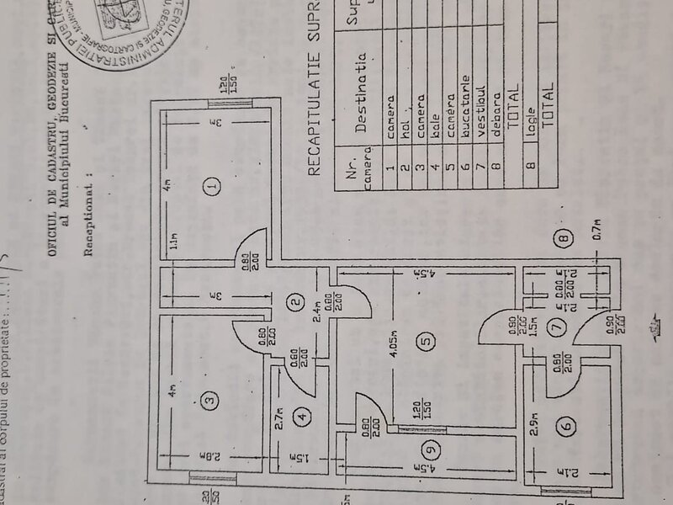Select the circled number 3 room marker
[213, 397]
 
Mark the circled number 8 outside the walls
[564, 237]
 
